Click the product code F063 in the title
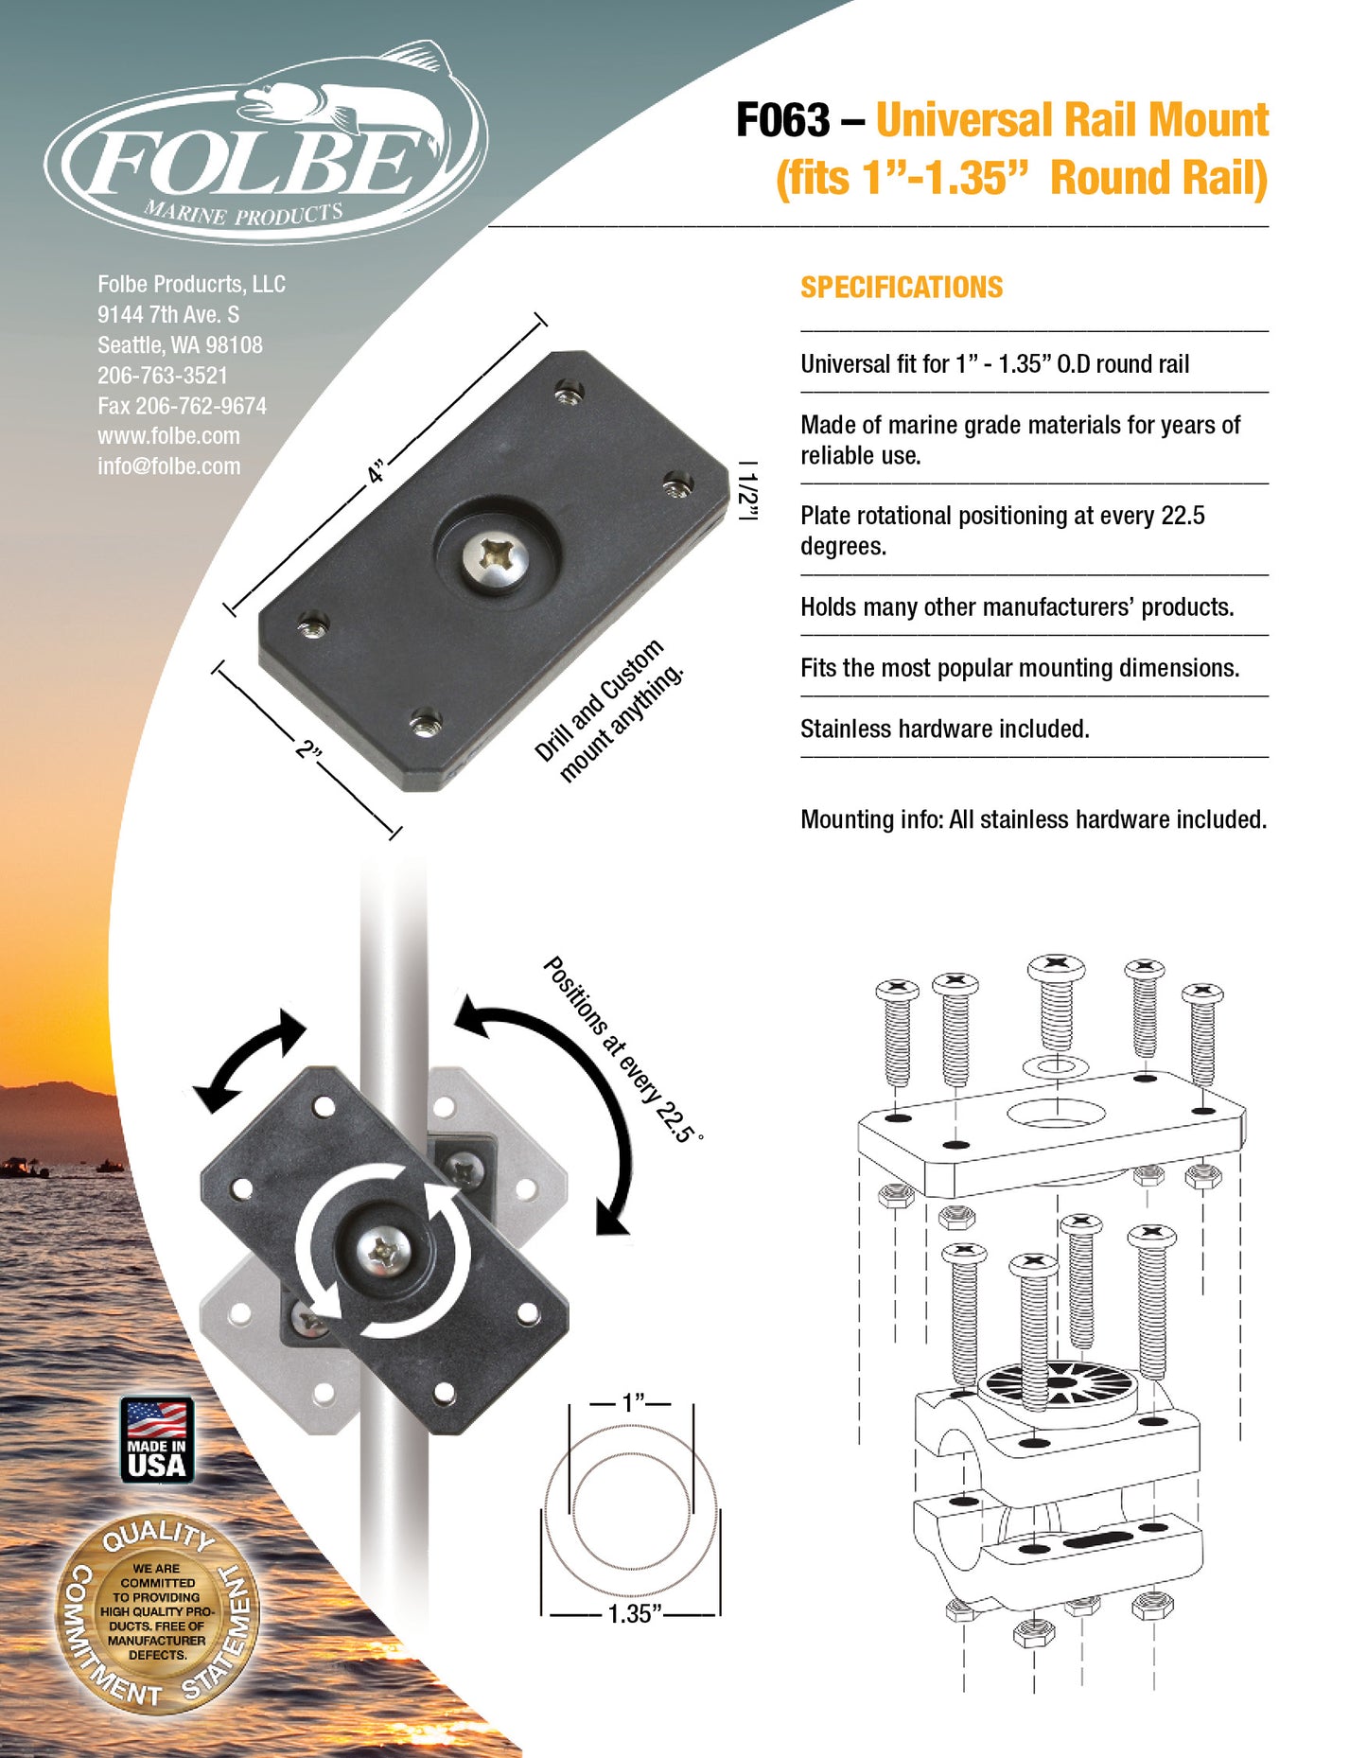(782, 121)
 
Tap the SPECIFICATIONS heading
(901, 288)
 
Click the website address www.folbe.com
(168, 436)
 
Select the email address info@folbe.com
(168, 466)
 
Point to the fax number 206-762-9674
(182, 406)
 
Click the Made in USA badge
(157, 1439)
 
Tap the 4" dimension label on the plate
(377, 471)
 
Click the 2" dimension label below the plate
(308, 749)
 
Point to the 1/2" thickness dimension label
(748, 491)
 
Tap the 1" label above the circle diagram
(632, 1402)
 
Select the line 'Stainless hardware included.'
(944, 729)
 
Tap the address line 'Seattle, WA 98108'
(180, 345)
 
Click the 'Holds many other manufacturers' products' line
(1016, 607)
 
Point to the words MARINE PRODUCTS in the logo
(243, 213)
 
